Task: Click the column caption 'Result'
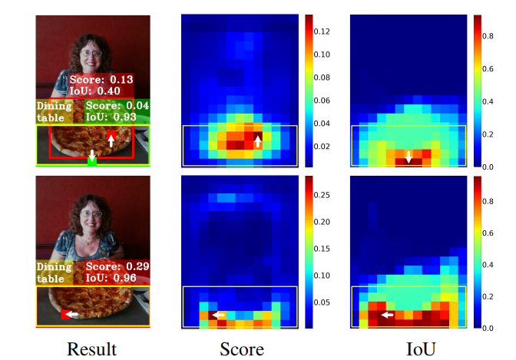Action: point(91,349)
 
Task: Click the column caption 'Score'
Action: point(242,349)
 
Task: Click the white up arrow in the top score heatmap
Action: point(258,140)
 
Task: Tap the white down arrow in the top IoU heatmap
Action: point(408,157)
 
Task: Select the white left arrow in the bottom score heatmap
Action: point(218,315)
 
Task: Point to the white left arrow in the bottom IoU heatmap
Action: point(387,315)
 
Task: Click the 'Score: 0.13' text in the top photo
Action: point(101,80)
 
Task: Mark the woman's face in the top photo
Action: point(90,56)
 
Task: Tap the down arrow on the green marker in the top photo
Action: point(92,157)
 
